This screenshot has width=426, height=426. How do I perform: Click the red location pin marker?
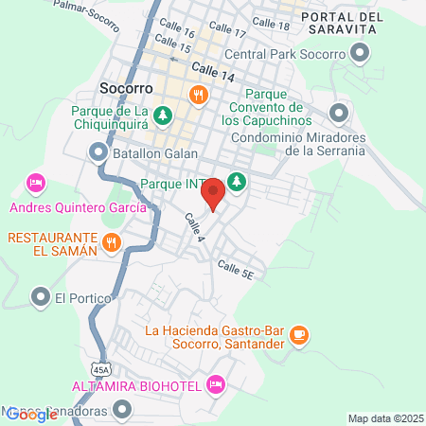tap(214, 194)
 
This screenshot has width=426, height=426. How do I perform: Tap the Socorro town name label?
tap(121, 88)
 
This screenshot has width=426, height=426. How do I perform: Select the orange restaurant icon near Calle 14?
tap(198, 94)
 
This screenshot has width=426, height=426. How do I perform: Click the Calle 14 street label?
tap(211, 69)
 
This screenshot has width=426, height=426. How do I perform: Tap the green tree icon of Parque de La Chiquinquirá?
tap(164, 115)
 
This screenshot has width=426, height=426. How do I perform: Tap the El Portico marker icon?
tap(40, 298)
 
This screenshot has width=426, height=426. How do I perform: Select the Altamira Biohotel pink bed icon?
tap(216, 384)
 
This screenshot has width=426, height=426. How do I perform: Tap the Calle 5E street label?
tap(236, 271)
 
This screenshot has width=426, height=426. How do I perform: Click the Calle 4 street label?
tap(194, 226)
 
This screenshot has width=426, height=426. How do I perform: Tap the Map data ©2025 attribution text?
tap(382, 418)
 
